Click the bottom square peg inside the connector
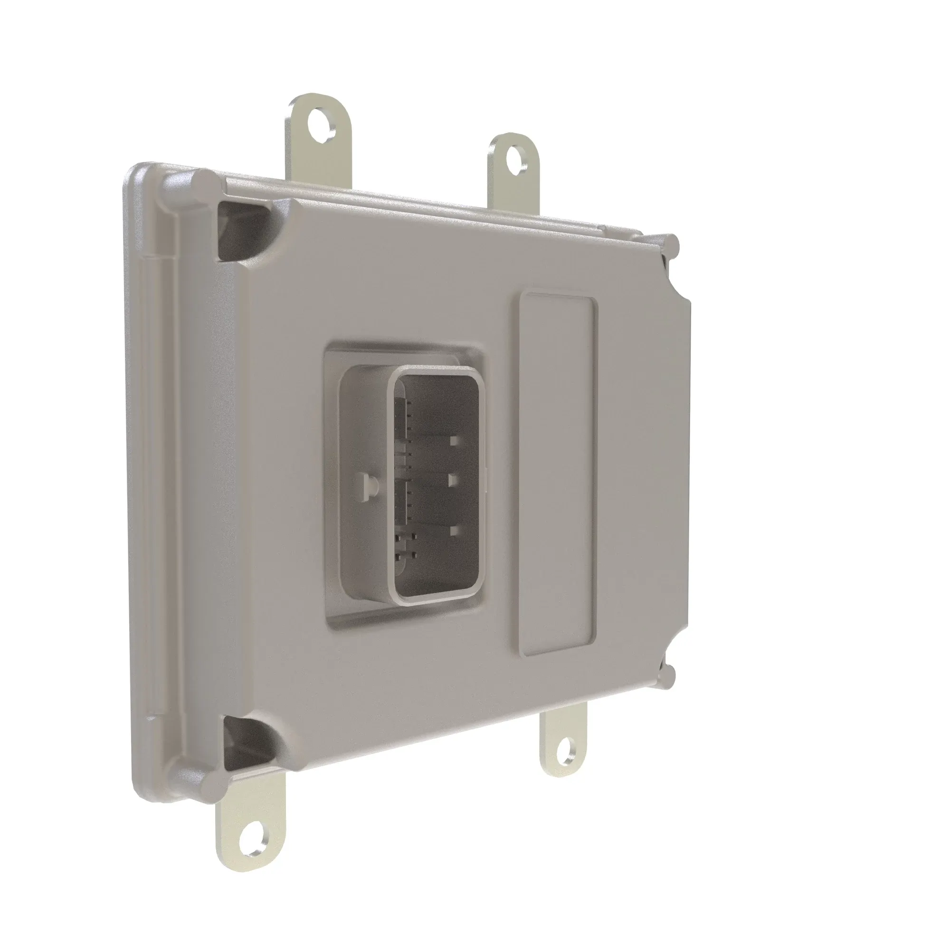[455, 530]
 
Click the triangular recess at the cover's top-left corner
[241, 231]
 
